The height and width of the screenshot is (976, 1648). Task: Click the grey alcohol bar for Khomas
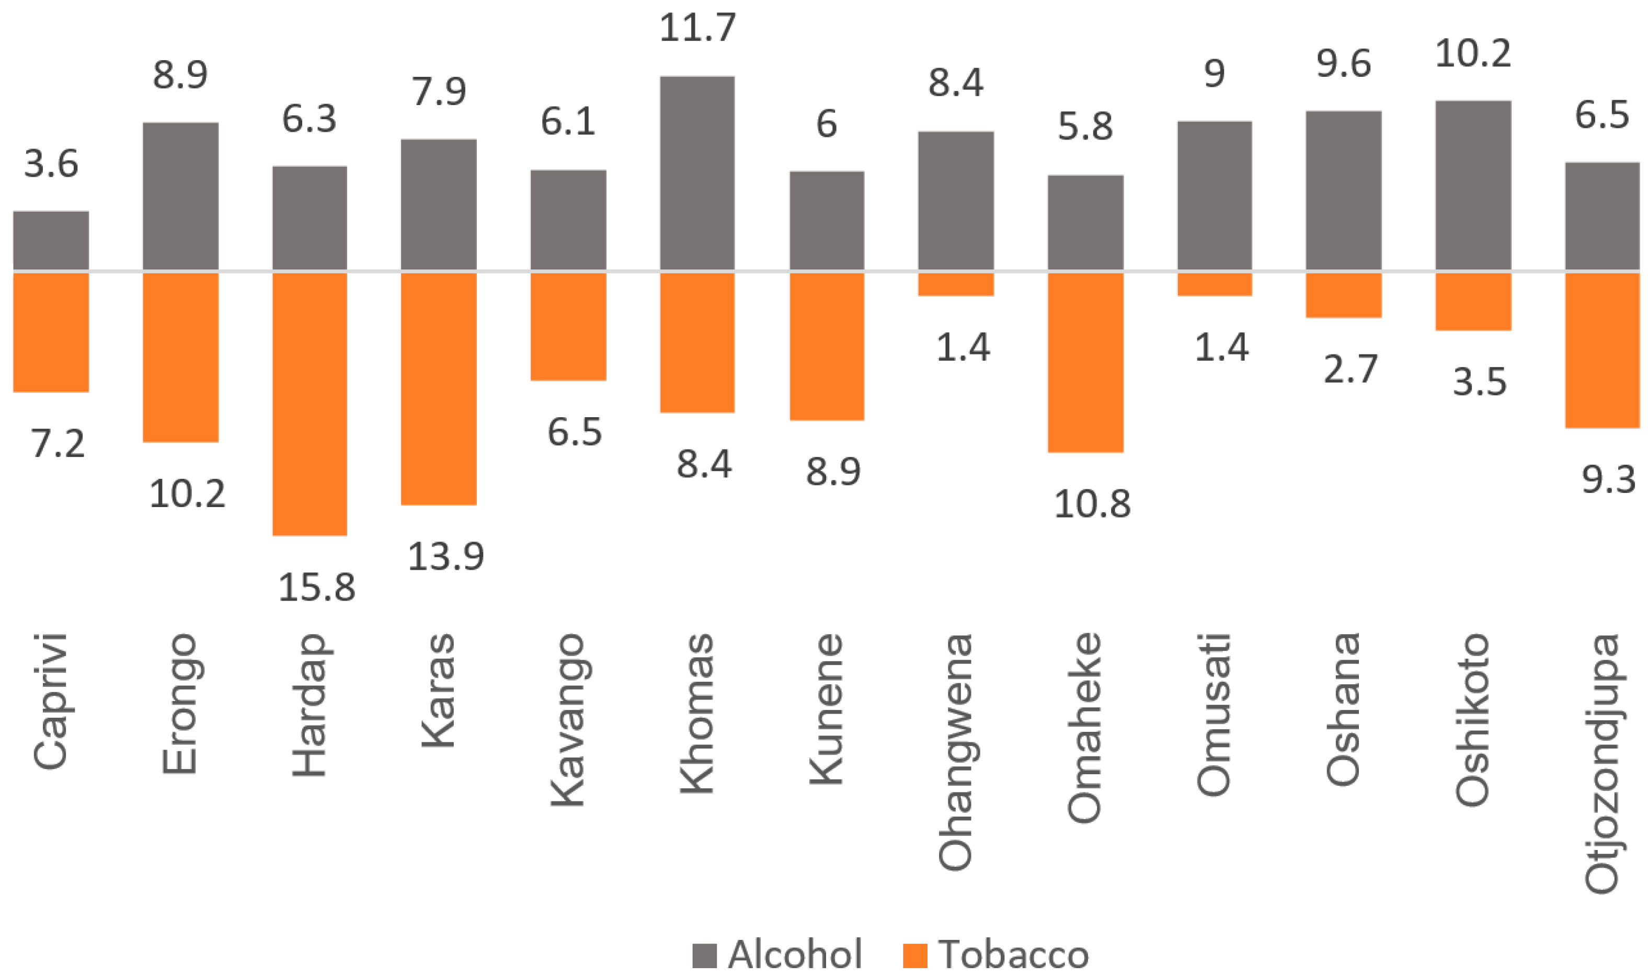[697, 173]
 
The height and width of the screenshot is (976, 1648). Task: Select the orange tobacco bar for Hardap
[310, 403]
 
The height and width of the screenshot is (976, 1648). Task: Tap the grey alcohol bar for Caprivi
[51, 240]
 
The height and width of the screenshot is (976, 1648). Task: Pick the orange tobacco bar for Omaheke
[1085, 362]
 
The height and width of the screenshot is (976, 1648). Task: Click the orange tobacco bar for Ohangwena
[956, 284]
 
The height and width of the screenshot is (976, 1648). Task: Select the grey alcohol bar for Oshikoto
[1473, 185]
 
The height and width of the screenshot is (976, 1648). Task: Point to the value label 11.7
[697, 28]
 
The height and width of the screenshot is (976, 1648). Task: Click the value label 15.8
[316, 587]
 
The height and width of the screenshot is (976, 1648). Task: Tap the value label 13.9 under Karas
[445, 556]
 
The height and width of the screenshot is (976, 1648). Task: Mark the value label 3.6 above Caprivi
[51, 164]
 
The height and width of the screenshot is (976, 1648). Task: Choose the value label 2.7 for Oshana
[1349, 369]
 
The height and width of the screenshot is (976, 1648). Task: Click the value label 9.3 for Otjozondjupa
[1608, 479]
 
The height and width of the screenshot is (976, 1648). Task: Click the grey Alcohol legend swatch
[704, 956]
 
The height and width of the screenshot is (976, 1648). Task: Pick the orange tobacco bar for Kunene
[827, 346]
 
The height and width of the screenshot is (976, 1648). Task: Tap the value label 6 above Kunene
[827, 124]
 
